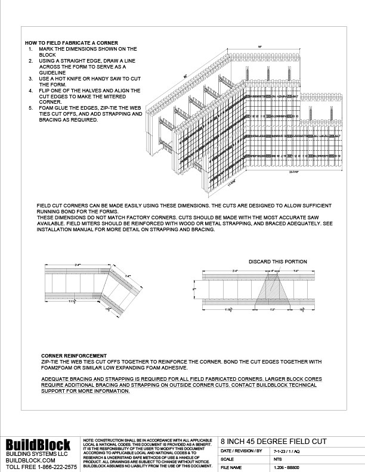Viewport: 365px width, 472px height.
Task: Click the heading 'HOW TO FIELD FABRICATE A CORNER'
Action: pyautogui.click(x=71, y=43)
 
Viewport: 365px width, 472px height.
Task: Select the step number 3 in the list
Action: pyautogui.click(x=30, y=78)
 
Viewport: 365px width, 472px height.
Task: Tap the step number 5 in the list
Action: pyautogui.click(x=30, y=107)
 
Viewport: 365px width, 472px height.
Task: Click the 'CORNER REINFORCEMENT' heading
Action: pyautogui.click(x=74, y=355)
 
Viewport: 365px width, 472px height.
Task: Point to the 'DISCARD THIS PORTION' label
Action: pyautogui.click(x=278, y=262)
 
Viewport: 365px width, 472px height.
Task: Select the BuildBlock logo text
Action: pyautogui.click(x=38, y=445)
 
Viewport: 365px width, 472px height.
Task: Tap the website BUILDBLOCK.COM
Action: pyautogui.click(x=30, y=461)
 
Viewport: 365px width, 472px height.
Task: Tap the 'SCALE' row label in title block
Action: pyautogui.click(x=227, y=459)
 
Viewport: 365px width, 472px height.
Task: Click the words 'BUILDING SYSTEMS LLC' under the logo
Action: pyautogui.click(x=33, y=454)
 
